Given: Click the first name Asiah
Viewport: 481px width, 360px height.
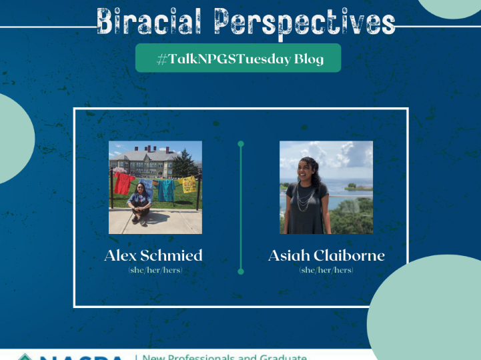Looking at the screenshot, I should [x=289, y=256].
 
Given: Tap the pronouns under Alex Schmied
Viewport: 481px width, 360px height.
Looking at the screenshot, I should [x=155, y=271].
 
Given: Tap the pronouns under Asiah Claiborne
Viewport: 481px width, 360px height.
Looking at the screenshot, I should [x=326, y=271].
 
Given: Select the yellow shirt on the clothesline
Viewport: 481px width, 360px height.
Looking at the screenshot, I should [x=189, y=184].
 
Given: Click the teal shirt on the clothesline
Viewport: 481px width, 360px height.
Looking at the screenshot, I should [x=166, y=190].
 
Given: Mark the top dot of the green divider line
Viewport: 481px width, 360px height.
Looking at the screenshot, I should [x=241, y=143].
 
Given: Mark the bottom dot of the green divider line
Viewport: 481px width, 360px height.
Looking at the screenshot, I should [x=241, y=271].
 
